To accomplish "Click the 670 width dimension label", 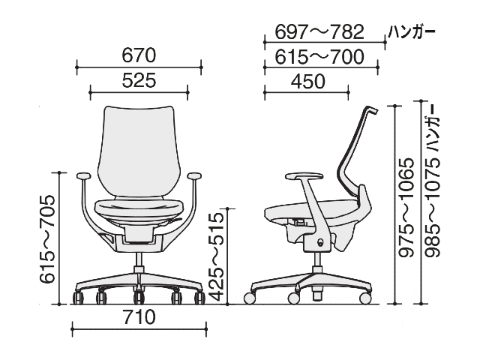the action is (x=139, y=55).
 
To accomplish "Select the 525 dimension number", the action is (x=139, y=80).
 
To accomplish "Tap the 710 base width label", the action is (x=139, y=317).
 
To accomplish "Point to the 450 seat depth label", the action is (x=307, y=82).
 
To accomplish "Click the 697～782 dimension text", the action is (x=319, y=31).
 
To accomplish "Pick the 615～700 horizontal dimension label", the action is (x=319, y=57).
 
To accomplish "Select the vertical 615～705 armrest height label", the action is (x=47, y=239).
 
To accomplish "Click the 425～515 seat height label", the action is (x=217, y=257).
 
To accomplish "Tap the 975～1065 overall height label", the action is (x=407, y=207).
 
